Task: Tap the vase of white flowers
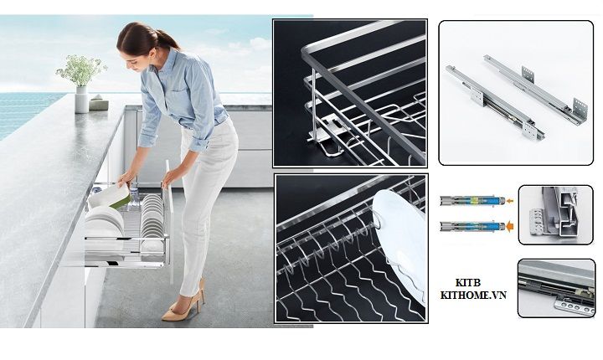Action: point(81,84)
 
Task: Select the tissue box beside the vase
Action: point(99,103)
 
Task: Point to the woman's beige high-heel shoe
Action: point(183,304)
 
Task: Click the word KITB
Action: point(467,283)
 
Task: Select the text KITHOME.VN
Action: point(473,295)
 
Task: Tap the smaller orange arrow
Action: point(510,201)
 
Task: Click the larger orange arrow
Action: point(509,226)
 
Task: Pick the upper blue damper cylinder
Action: point(472,200)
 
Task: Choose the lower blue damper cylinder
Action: point(472,226)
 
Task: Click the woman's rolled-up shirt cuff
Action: point(198,145)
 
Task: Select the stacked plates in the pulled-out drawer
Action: point(151,223)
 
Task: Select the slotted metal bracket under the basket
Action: point(330,127)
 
